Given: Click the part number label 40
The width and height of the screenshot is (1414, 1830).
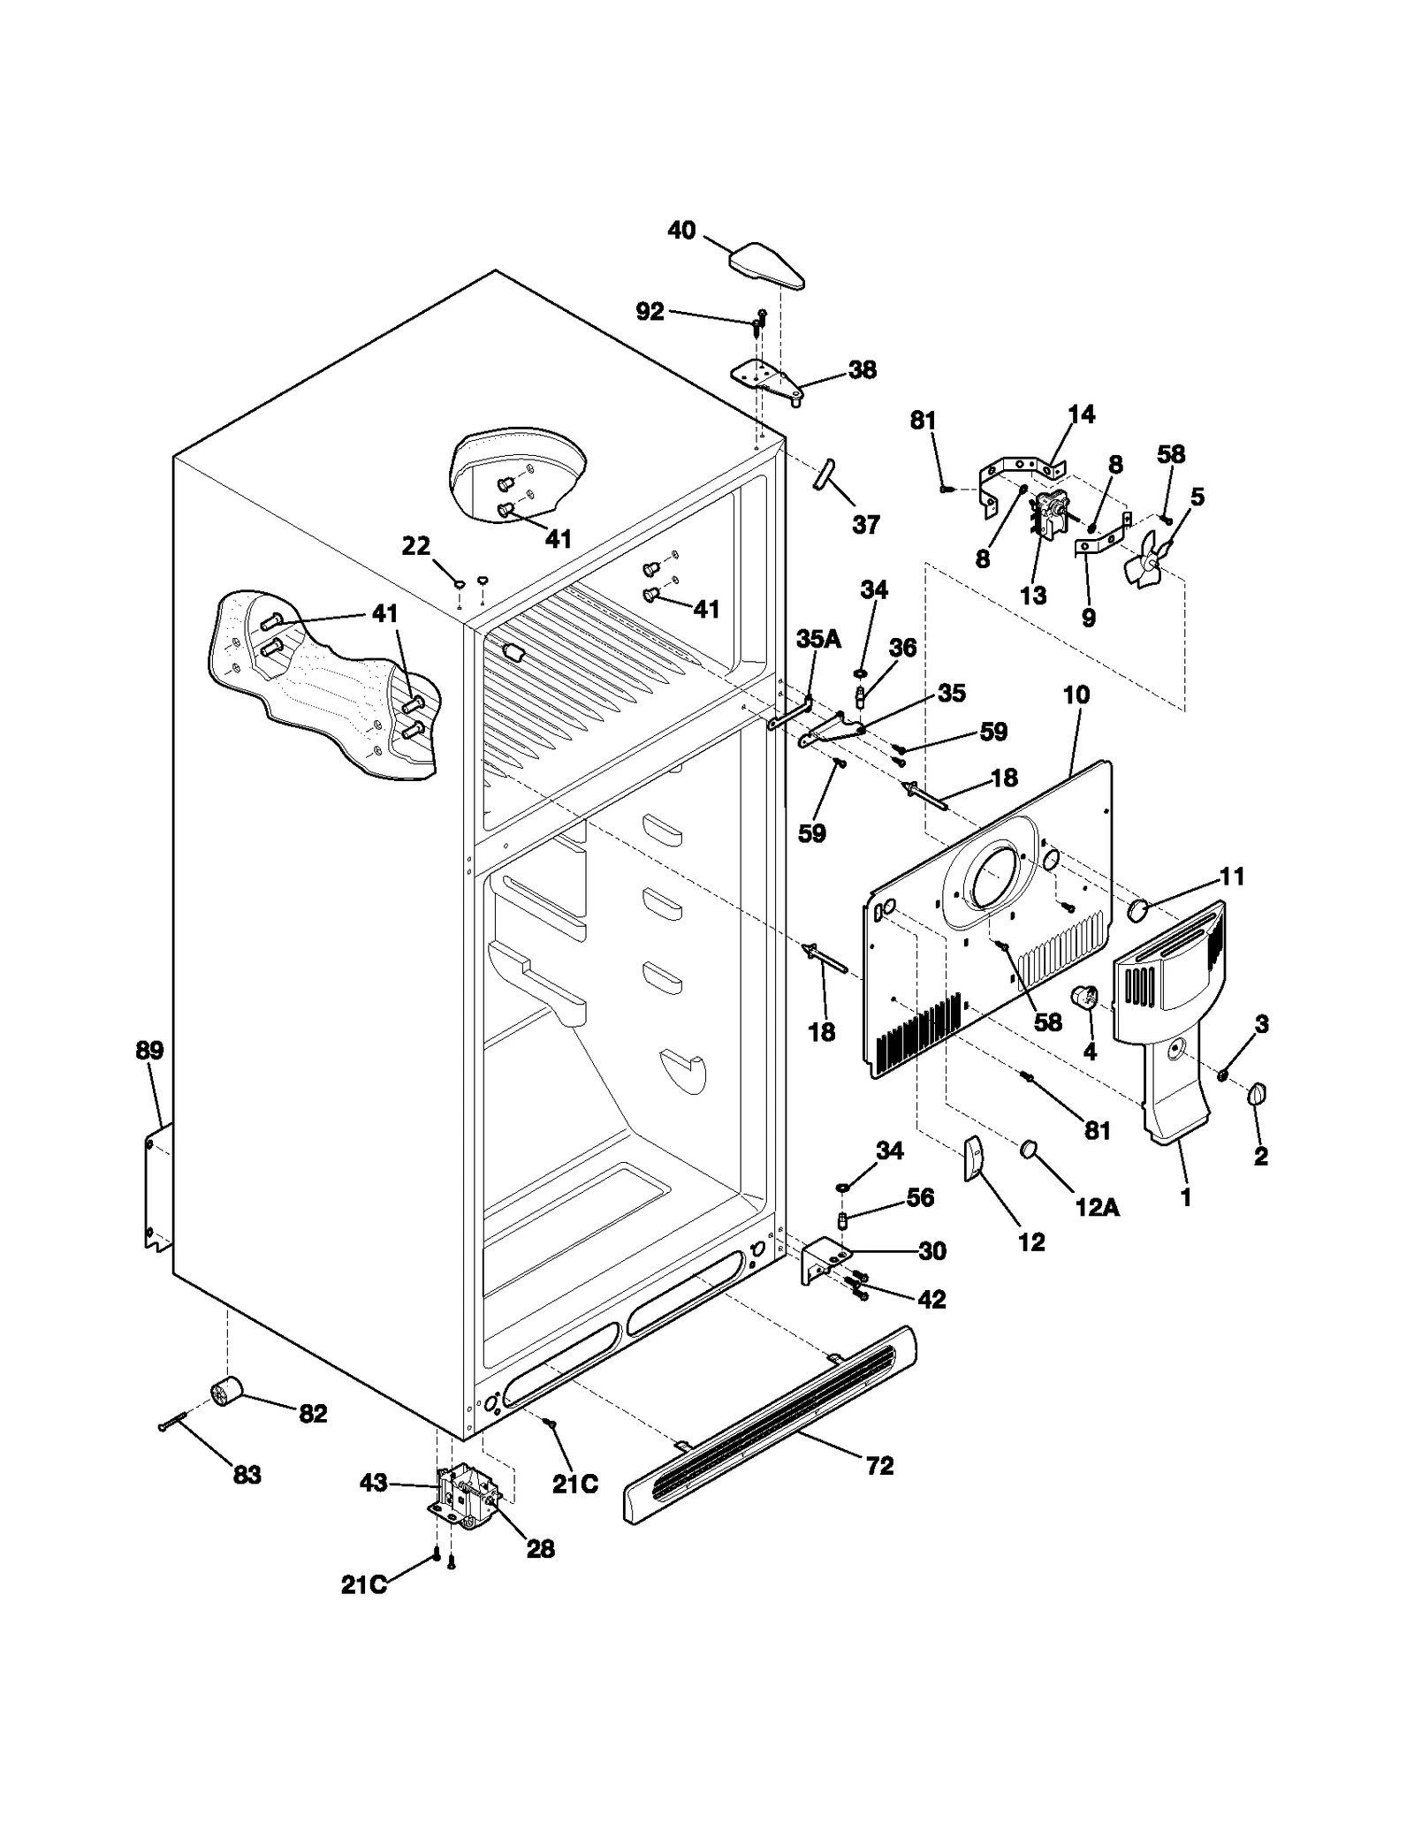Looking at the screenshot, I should point(681,232).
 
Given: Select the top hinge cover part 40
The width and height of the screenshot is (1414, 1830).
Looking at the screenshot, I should point(767,266).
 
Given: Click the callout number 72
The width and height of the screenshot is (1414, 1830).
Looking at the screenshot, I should point(879,1466).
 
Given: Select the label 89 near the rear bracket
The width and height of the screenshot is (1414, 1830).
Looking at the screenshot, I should point(149,1051).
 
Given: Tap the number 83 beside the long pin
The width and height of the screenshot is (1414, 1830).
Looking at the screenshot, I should point(247,1475).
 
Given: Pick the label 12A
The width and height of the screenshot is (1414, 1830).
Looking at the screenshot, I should point(1097,1208).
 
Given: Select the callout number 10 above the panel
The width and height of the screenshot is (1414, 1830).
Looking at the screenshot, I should point(1076,695).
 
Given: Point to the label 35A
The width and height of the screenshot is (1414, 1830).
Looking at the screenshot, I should point(818,640).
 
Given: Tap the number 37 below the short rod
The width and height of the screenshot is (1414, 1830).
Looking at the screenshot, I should point(865,525).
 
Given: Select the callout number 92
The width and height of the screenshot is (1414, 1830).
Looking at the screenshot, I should point(650,312).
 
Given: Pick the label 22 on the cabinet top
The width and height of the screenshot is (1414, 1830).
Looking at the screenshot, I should point(416,546).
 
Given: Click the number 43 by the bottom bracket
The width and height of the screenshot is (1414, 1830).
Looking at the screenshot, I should point(374,1483).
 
